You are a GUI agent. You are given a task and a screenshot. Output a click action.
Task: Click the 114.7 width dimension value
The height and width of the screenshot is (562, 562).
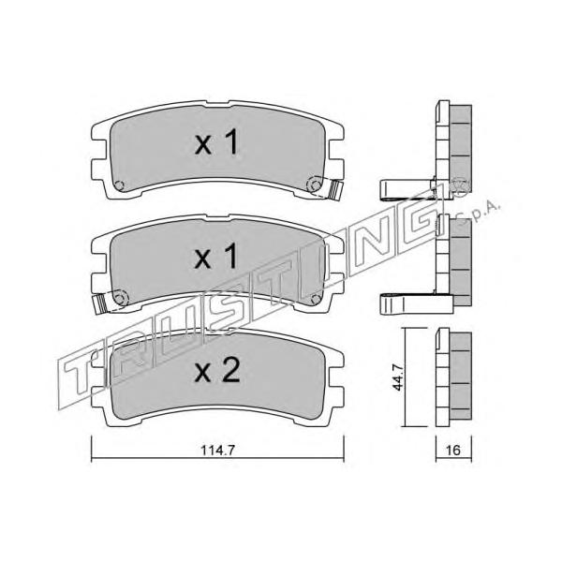(x=217, y=450)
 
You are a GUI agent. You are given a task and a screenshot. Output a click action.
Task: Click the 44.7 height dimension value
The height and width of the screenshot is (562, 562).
(x=398, y=377)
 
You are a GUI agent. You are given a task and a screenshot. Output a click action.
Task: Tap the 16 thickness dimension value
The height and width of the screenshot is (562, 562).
(x=453, y=450)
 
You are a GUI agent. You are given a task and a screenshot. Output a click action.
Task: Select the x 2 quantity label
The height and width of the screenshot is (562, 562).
(x=217, y=371)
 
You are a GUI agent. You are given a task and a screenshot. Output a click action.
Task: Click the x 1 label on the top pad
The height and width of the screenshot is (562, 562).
(x=216, y=142)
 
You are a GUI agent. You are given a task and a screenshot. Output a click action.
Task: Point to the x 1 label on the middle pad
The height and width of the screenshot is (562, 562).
(x=216, y=256)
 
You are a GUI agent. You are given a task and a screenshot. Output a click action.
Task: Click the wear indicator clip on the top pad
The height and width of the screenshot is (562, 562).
(x=336, y=190)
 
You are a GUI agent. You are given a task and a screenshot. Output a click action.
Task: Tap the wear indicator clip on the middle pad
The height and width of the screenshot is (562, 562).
(x=100, y=303)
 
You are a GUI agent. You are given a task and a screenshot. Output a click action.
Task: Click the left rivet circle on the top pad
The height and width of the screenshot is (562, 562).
(x=119, y=185)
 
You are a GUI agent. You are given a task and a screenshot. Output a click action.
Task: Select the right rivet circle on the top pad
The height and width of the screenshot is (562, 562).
(x=315, y=185)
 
